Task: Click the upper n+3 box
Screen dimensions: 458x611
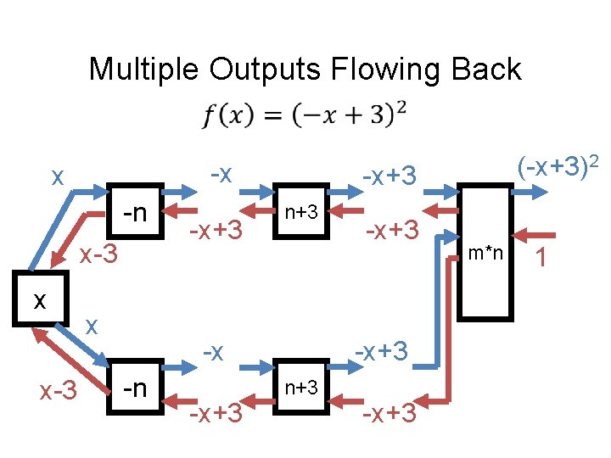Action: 300,212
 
